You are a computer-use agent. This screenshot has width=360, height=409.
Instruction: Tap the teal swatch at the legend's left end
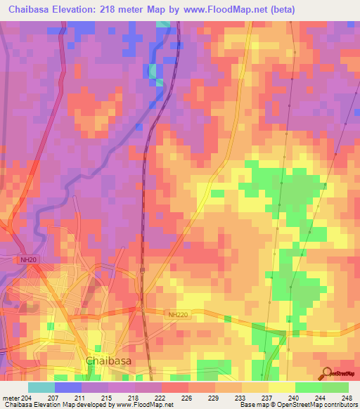tap(41, 387)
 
